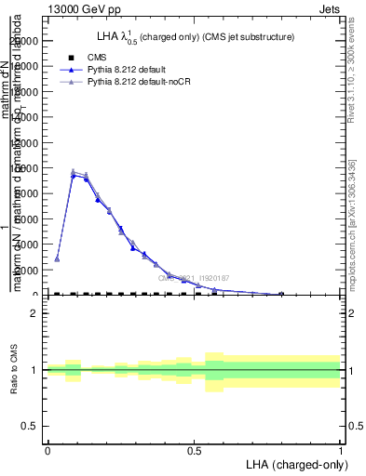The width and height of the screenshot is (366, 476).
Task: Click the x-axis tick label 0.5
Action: click(194, 450)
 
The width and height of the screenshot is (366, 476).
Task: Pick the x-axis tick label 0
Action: click(47, 450)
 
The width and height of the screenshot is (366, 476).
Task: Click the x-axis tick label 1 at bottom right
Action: click(341, 450)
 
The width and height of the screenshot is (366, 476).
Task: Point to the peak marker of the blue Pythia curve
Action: click(74, 175)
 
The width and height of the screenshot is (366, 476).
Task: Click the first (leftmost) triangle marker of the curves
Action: click(57, 258)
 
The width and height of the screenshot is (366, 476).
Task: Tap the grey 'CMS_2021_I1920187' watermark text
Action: click(194, 277)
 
